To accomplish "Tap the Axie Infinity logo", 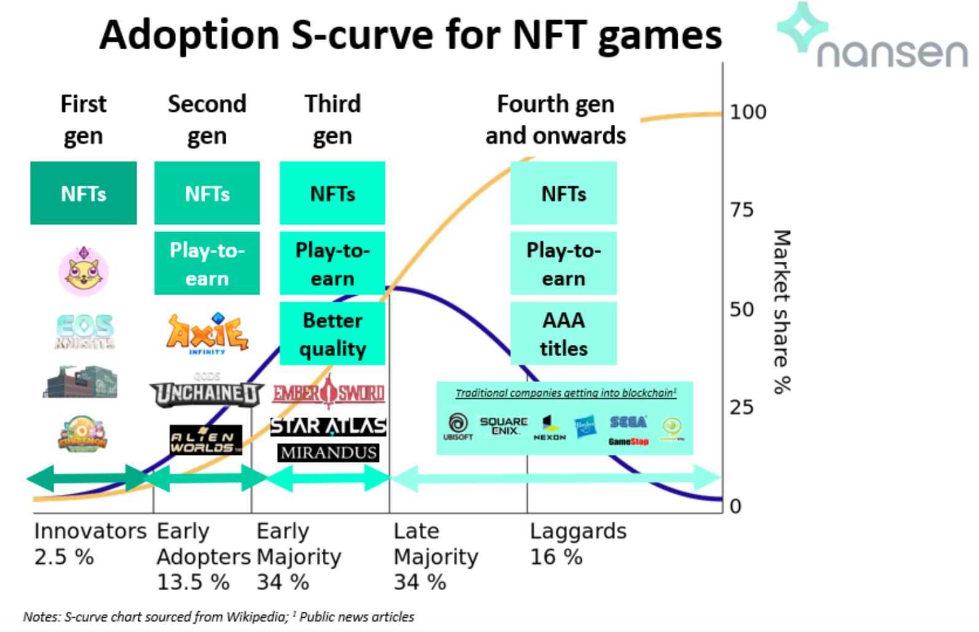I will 207,333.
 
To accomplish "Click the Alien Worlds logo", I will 206,440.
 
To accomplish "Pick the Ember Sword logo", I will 329,392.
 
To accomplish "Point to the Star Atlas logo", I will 328,425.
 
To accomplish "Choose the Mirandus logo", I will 328,452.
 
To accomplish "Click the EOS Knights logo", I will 84,331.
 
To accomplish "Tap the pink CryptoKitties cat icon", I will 84,270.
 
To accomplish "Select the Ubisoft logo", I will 458,426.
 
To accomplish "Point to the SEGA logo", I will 628,422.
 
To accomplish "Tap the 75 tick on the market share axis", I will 741,210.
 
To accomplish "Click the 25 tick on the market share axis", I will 741,407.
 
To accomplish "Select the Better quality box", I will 332,334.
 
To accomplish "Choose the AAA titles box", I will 563,334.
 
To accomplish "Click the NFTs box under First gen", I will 84,193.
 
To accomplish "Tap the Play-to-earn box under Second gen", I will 207,264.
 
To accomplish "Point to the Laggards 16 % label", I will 577,543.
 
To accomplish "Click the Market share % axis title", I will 781,311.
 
